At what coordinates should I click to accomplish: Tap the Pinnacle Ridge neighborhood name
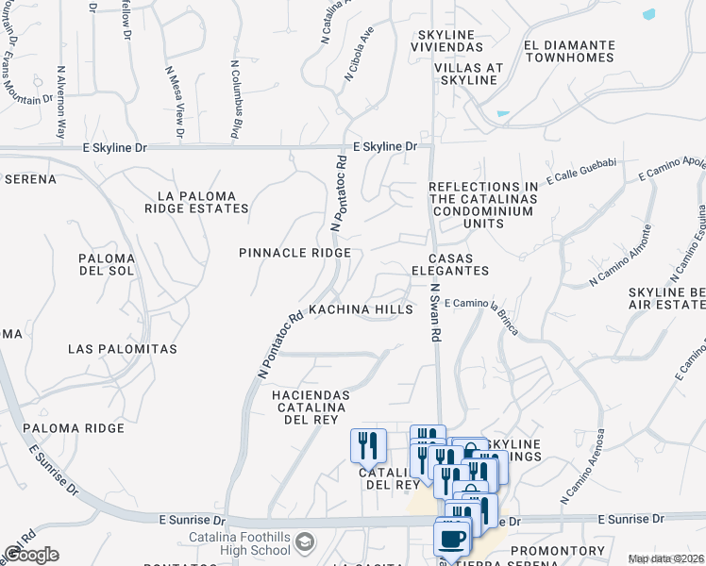click(294, 253)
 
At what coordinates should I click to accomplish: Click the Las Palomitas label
click(123, 349)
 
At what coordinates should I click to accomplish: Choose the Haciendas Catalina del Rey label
click(311, 408)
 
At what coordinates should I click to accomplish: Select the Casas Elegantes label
click(458, 264)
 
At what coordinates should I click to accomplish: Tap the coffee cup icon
click(451, 539)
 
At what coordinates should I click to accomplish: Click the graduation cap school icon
click(305, 542)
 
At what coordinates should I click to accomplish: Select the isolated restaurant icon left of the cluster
click(368, 444)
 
